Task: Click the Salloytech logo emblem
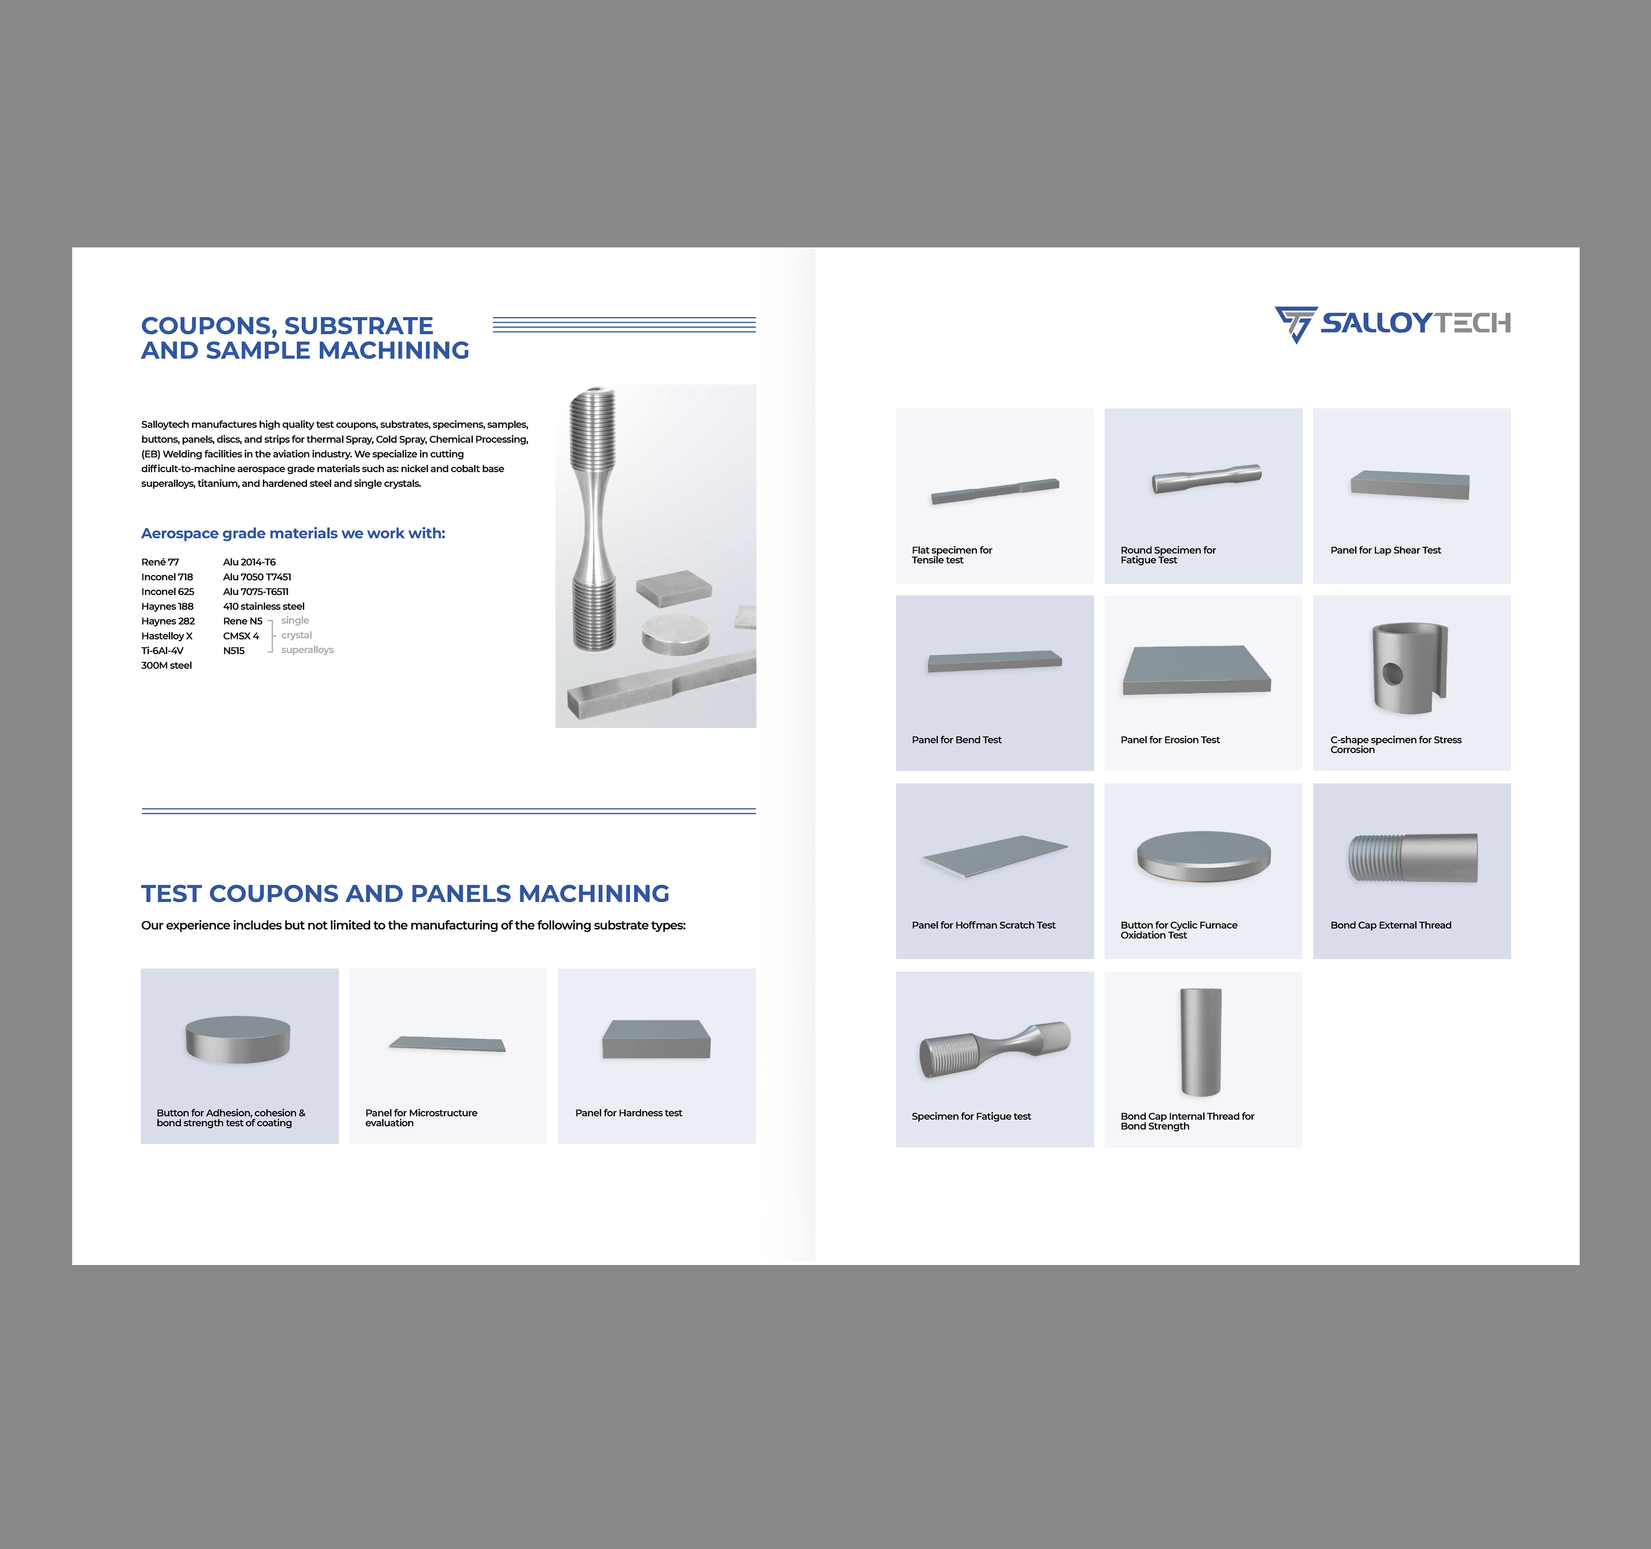[x=1295, y=324]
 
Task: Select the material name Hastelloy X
[x=167, y=636]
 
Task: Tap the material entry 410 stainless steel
[x=264, y=606]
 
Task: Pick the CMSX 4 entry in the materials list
[x=241, y=636]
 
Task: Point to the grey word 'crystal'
[x=296, y=635]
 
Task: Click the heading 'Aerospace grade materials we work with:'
[x=293, y=533]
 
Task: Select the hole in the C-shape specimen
[x=1393, y=674]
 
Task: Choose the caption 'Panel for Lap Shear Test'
[x=1385, y=551]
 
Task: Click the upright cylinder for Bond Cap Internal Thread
[x=1201, y=1042]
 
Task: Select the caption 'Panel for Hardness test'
[x=629, y=1113]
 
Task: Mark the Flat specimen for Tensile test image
[x=995, y=491]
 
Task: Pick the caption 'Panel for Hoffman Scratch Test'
[x=983, y=925]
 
